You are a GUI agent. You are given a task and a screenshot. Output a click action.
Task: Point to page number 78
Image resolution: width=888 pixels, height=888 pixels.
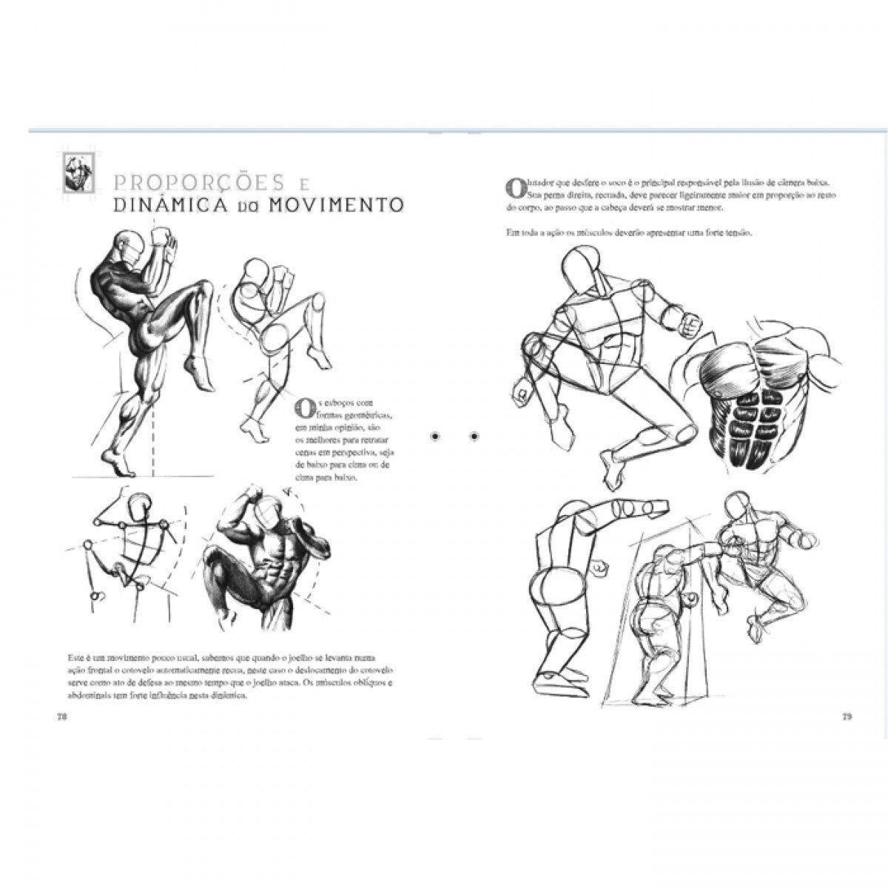pos(62,716)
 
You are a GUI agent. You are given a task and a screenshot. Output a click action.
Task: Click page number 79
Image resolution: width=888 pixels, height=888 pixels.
pos(847,716)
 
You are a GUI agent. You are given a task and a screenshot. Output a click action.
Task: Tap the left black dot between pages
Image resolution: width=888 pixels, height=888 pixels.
pos(435,437)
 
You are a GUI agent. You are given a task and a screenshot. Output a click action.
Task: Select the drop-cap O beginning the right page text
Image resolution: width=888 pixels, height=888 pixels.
pos(510,188)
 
